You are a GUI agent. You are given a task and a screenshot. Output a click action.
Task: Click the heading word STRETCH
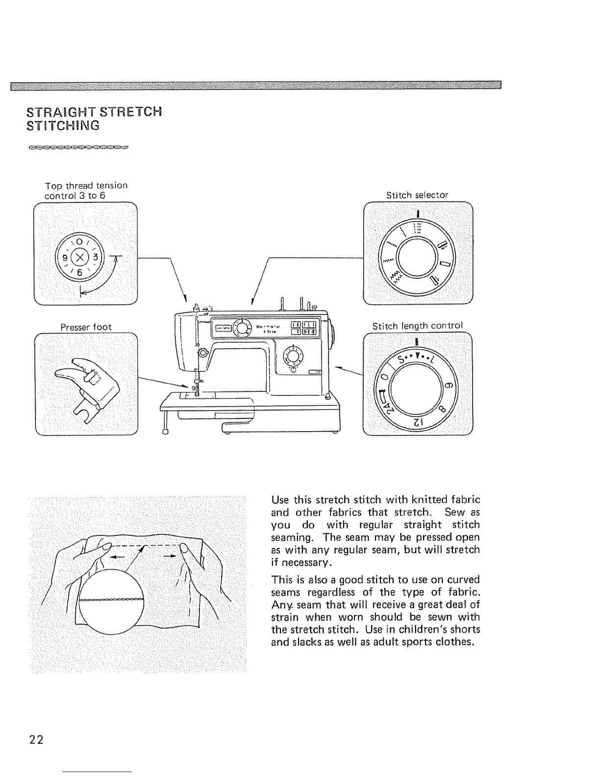[130, 112]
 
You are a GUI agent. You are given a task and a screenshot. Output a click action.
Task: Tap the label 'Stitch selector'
[417, 195]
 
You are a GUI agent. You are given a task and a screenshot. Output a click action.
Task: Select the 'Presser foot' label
[86, 327]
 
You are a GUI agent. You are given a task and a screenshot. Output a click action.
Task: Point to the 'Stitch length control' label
[417, 326]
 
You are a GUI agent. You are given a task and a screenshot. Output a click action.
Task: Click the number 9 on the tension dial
[64, 257]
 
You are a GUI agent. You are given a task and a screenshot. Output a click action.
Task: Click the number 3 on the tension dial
[96, 257]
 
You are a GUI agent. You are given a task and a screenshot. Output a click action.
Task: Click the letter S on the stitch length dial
[401, 360]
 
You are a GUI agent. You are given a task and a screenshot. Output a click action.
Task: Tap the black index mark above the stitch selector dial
[417, 213]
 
